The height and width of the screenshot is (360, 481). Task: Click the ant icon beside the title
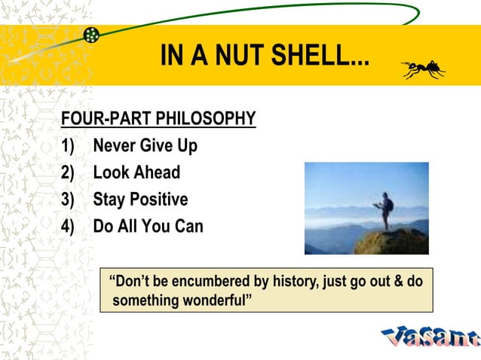click(x=423, y=70)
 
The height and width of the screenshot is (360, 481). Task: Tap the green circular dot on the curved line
click(x=91, y=35)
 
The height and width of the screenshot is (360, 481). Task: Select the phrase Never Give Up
click(x=145, y=145)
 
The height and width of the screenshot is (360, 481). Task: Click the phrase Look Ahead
click(x=136, y=172)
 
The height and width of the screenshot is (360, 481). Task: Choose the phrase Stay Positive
click(x=140, y=200)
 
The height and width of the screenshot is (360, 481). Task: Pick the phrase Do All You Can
click(x=148, y=226)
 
